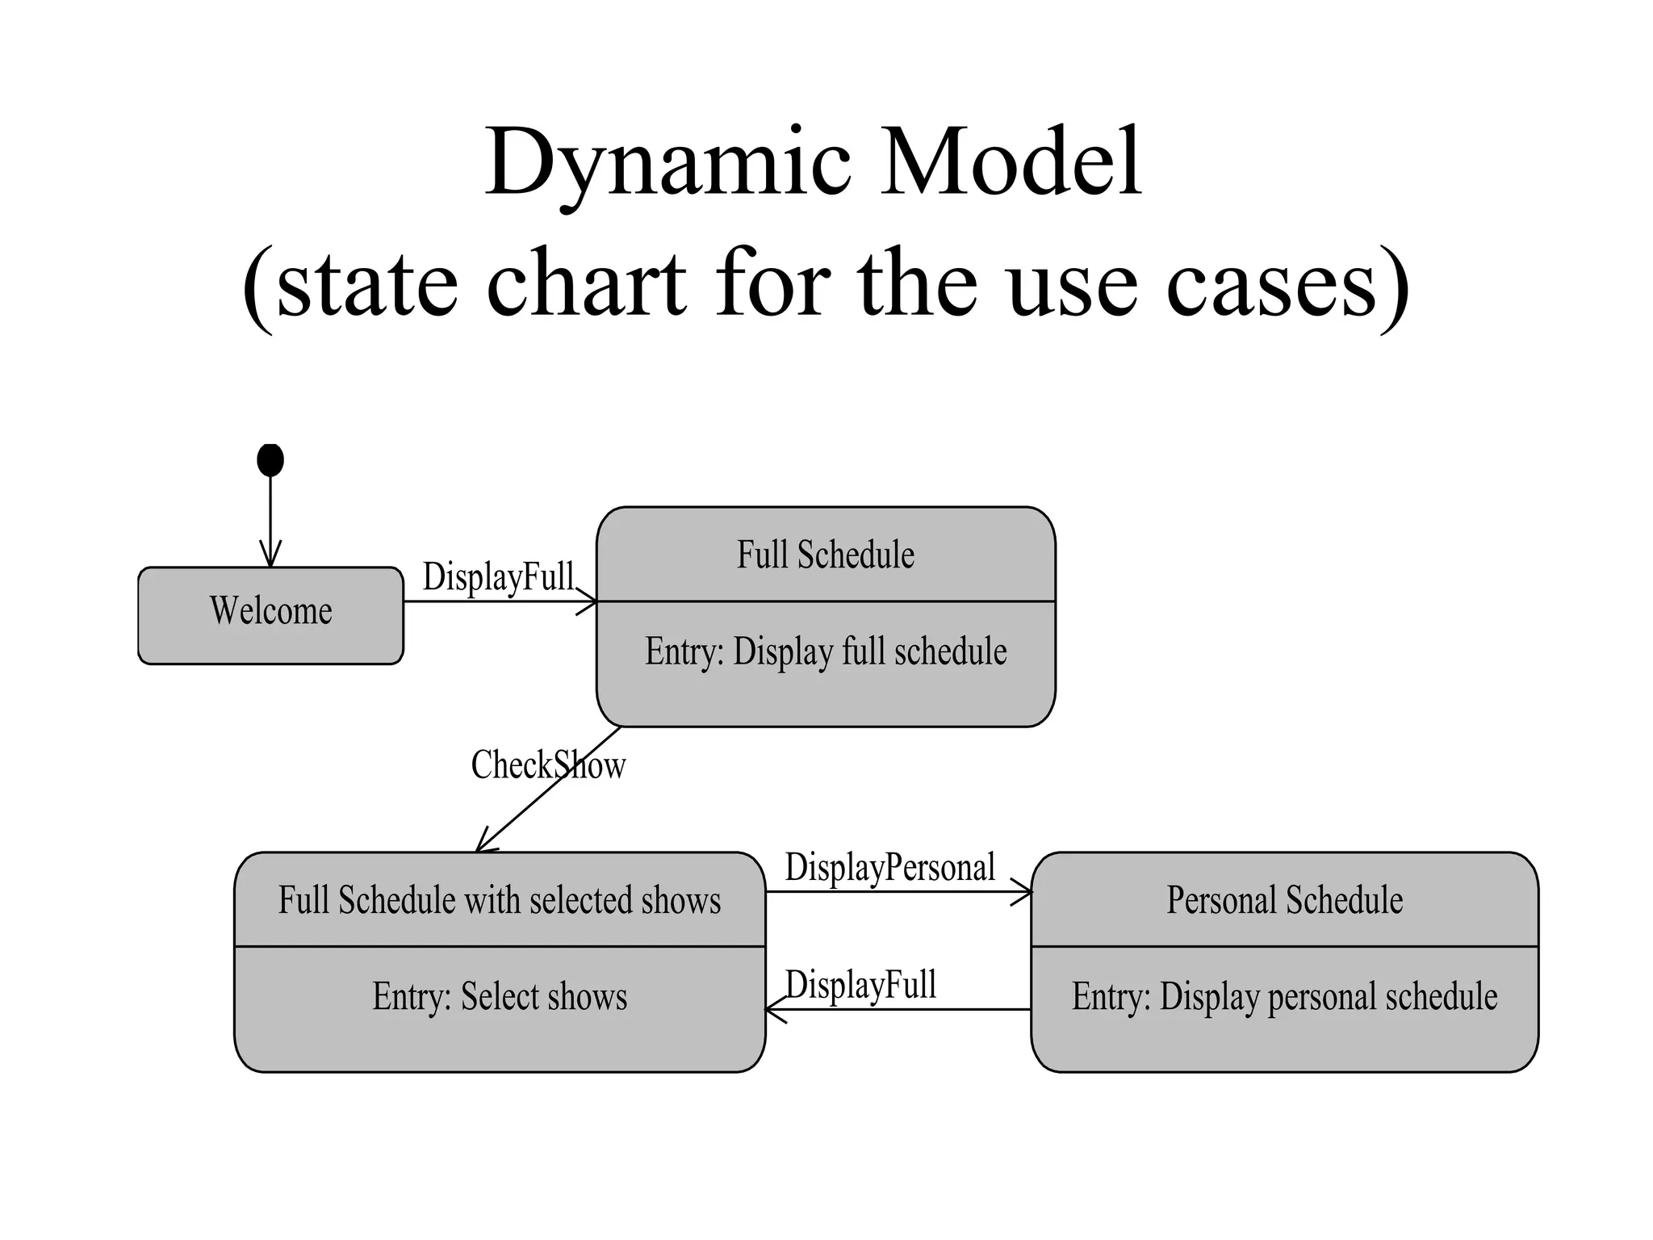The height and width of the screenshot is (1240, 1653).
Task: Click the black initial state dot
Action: [x=270, y=460]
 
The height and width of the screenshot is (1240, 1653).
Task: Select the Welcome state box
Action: [x=270, y=615]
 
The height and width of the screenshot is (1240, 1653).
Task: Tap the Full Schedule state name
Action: [x=825, y=555]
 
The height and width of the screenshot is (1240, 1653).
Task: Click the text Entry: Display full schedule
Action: [x=825, y=651]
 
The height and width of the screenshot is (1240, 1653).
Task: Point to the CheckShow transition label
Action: [x=548, y=765]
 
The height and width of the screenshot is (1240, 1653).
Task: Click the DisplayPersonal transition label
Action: [x=889, y=868]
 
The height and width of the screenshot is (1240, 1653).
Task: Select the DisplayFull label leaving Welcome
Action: [x=498, y=577]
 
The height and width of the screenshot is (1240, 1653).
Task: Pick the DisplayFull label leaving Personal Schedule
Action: [x=860, y=985]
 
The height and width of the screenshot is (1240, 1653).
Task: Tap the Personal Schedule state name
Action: [x=1284, y=899]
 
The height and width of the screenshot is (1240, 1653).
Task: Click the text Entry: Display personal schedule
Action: [x=1284, y=996]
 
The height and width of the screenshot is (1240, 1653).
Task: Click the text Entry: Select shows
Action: [x=500, y=996]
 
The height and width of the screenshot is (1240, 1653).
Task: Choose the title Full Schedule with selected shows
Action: [x=500, y=899]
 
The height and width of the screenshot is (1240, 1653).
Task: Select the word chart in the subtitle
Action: [x=587, y=284]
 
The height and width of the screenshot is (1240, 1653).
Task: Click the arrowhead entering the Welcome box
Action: [x=270, y=557]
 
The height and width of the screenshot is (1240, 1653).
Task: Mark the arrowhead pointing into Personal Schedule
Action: [x=1023, y=892]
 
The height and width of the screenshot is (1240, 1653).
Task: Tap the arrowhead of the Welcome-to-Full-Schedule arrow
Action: [x=588, y=601]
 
